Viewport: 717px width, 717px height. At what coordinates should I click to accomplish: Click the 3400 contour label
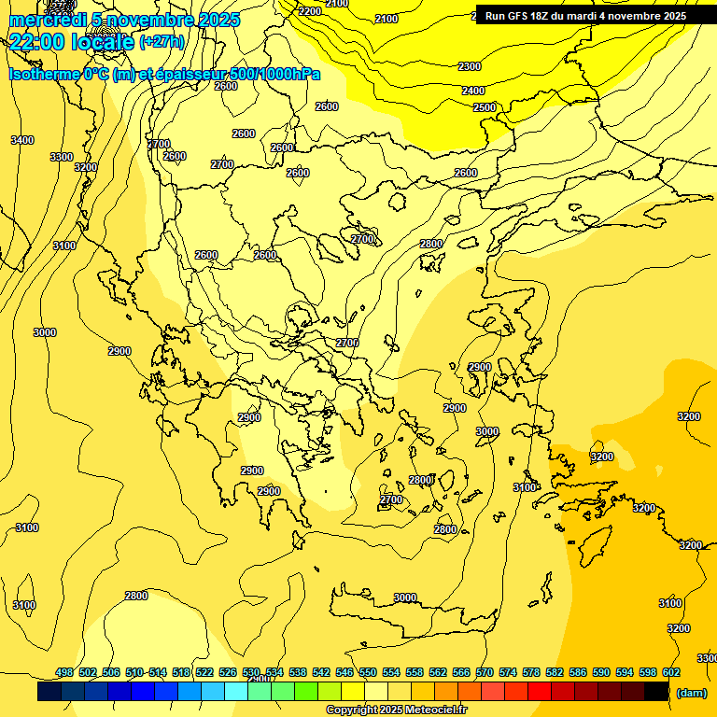click(x=21, y=140)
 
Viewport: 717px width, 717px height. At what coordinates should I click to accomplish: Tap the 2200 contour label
click(x=310, y=11)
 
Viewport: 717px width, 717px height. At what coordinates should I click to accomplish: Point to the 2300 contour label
click(x=470, y=66)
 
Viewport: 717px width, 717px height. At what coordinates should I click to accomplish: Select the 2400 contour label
click(x=473, y=91)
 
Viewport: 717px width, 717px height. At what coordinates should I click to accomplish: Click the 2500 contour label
click(x=485, y=107)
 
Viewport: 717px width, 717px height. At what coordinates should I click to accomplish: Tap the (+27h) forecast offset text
click(x=162, y=41)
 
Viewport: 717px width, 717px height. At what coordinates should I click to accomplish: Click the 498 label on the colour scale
click(x=64, y=672)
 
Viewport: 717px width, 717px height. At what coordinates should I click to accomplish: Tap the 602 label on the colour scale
click(x=670, y=672)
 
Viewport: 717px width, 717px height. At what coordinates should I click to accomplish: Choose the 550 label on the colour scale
click(x=367, y=672)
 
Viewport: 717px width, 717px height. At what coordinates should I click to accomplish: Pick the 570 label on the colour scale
click(x=484, y=672)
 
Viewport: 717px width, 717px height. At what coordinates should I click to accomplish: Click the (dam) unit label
click(x=692, y=693)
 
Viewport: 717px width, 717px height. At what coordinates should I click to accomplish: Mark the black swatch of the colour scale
click(x=656, y=692)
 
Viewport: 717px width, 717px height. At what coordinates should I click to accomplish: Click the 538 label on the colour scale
click(x=298, y=672)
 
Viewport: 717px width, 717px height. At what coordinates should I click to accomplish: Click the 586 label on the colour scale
click(x=577, y=672)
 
